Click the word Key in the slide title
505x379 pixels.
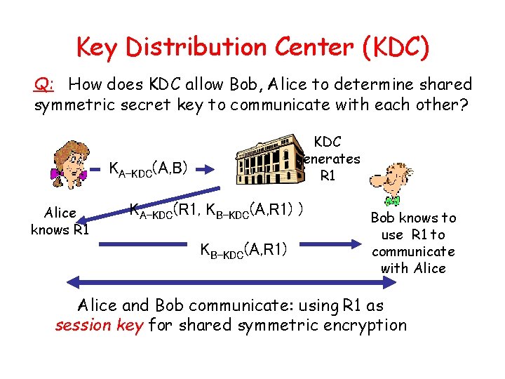(x=97, y=47)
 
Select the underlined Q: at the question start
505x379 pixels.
(x=43, y=85)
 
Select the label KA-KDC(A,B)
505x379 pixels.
(x=147, y=168)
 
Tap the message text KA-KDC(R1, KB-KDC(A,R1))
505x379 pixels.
(x=217, y=210)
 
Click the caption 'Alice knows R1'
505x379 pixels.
(x=60, y=221)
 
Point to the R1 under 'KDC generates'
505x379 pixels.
(x=328, y=175)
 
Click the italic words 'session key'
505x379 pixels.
(x=99, y=325)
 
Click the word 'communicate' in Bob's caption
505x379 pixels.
(x=413, y=251)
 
